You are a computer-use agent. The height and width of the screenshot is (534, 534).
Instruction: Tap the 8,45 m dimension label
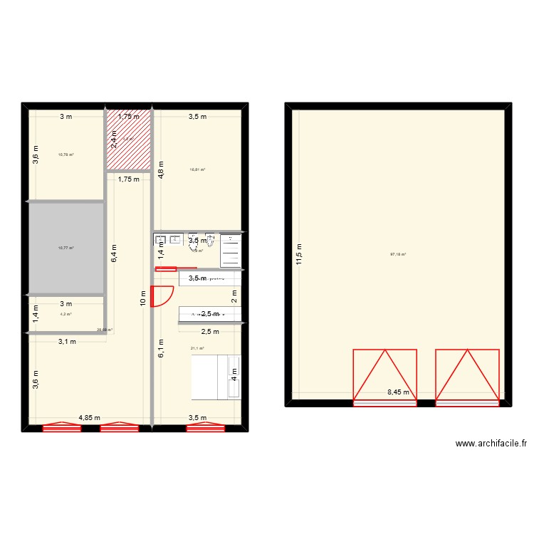click(x=399, y=392)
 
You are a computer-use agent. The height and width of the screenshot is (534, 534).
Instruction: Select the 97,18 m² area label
click(x=397, y=254)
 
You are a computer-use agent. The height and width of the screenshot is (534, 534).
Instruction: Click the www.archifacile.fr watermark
click(x=491, y=443)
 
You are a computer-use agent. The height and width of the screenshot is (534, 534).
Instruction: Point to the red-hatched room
click(x=129, y=140)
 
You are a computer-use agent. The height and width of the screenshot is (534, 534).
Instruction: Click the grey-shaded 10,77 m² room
click(x=66, y=248)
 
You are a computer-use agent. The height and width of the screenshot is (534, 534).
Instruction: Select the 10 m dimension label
click(x=144, y=299)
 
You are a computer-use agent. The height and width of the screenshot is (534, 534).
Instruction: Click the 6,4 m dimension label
click(x=112, y=253)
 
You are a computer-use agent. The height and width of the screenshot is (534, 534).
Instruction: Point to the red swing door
click(x=163, y=295)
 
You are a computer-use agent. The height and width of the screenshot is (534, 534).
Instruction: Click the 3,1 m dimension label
click(x=68, y=341)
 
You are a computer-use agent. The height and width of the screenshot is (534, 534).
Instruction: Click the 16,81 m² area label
click(x=197, y=169)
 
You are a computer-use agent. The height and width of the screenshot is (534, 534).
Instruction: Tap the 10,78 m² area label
click(x=66, y=155)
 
